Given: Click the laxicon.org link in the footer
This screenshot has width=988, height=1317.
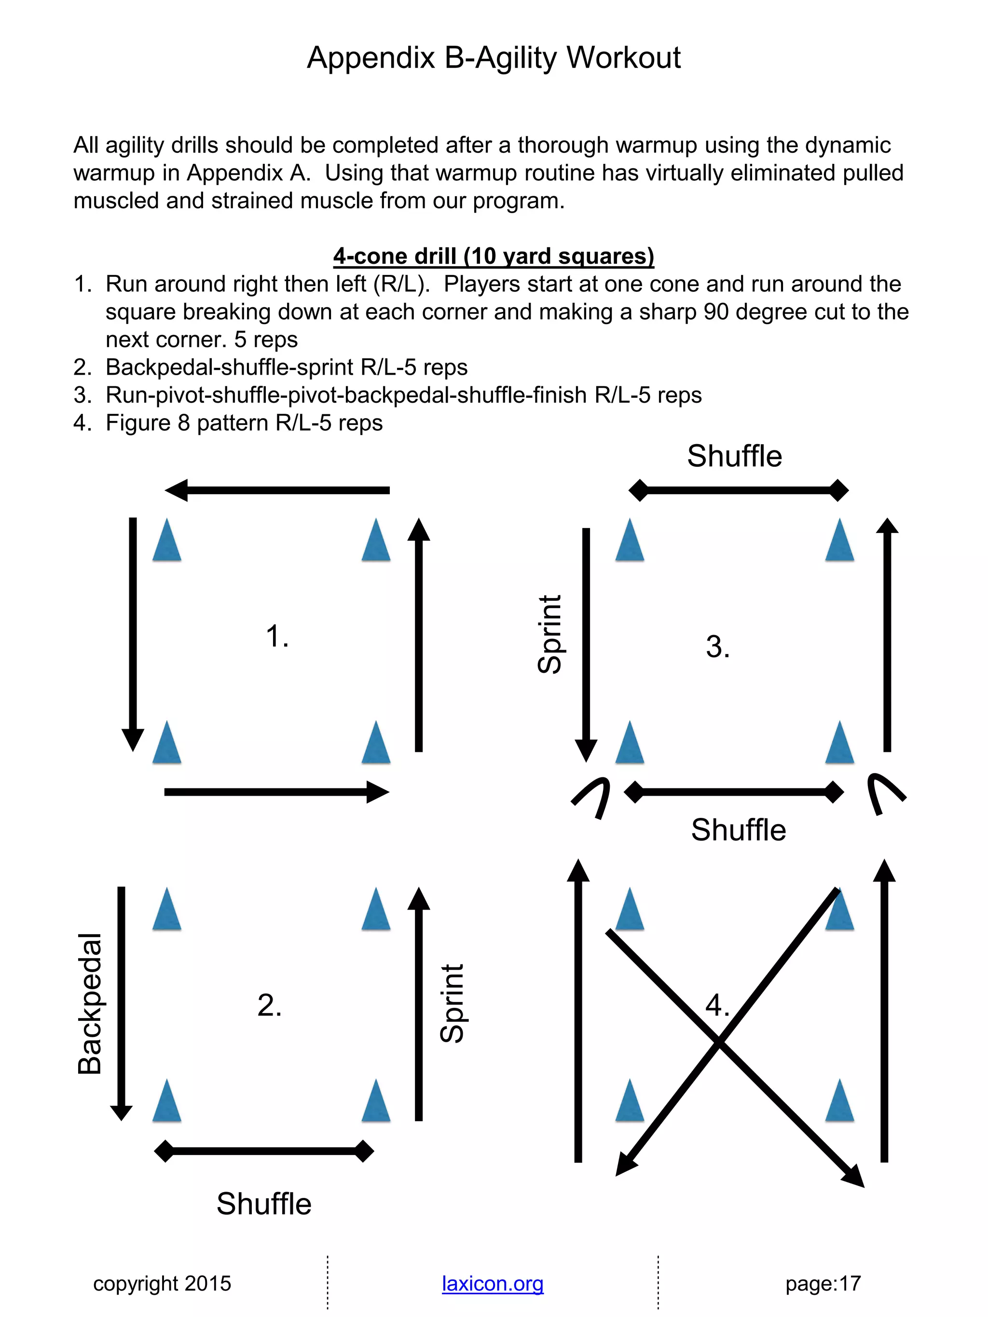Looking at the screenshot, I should (493, 1283).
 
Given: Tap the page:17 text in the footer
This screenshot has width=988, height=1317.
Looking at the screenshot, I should (823, 1283).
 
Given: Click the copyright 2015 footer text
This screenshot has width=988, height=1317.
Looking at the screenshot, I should (162, 1283).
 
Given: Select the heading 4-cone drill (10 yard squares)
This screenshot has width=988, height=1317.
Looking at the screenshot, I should (494, 256).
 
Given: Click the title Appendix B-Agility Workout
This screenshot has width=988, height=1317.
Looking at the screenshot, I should (494, 58).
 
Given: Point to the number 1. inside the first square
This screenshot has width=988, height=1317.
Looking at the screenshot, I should (277, 636).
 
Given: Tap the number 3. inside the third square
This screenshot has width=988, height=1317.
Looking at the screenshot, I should (718, 647).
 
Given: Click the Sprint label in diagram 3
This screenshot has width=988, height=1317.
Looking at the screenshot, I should (549, 634).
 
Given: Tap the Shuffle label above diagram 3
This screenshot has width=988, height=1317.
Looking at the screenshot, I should (734, 456).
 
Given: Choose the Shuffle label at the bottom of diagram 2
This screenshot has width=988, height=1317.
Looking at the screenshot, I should (264, 1203).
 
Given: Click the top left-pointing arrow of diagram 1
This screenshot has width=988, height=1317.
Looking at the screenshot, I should (277, 490).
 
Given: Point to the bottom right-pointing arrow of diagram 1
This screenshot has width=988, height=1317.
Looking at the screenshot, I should (277, 792).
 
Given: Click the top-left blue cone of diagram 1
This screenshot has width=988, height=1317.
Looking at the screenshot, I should (167, 540).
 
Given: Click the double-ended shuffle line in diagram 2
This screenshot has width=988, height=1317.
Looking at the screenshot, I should (264, 1151).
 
